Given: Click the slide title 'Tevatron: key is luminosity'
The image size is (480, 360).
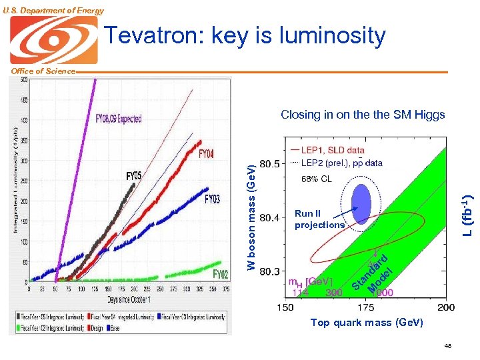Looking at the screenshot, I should point(246,35).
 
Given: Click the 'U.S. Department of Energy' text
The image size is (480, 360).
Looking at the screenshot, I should point(53,10).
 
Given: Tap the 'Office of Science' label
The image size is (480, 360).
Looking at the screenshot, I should point(38,71).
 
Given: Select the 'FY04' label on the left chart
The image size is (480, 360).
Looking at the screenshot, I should point(207,154).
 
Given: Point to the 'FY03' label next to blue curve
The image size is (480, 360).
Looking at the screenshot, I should point(212,199).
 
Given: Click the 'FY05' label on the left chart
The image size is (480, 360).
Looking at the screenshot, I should point(134,176).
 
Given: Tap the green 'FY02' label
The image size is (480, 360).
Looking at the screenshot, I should point(220,274).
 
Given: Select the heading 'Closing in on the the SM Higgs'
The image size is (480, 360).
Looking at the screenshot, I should point(363,115).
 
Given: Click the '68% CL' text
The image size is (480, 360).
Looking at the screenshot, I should point(317,179).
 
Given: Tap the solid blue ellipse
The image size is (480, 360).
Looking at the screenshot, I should point(361,199).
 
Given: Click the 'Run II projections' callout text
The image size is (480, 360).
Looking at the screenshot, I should point(319,219).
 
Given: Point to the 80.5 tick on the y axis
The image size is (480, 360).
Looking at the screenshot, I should point(269,163).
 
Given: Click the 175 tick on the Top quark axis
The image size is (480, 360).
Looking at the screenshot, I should point(366,307).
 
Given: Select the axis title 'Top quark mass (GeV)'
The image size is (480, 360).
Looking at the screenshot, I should point(367,323).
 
